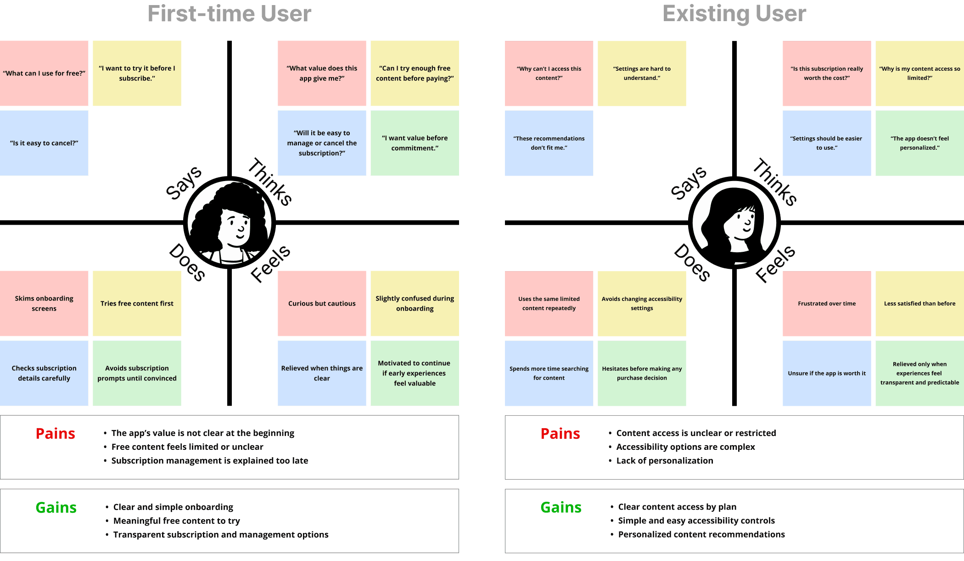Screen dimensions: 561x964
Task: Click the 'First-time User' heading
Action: coord(230,14)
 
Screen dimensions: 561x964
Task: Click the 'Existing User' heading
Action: coord(734,14)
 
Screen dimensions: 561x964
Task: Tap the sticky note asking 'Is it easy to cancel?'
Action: coord(44,143)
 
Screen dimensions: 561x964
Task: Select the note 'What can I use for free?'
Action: coord(44,73)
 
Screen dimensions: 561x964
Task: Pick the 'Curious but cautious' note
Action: coord(322,303)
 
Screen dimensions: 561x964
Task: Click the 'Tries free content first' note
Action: coord(137,303)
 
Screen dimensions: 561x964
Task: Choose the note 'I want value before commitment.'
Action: coord(415,143)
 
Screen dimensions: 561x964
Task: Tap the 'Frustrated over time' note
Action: coord(827,303)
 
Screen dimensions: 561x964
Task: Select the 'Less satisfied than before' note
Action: coord(919,303)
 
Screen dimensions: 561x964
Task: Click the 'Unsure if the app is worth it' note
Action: coord(827,373)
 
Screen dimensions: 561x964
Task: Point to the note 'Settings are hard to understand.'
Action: coord(642,73)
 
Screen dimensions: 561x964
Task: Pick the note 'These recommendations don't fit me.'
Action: coord(549,143)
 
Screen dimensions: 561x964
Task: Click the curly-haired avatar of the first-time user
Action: coord(230,223)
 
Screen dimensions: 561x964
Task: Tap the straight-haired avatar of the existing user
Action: coord(734,223)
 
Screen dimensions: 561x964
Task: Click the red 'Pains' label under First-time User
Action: coord(56,434)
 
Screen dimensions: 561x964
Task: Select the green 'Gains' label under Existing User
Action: coord(561,507)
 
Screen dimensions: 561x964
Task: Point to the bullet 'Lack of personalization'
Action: coord(664,461)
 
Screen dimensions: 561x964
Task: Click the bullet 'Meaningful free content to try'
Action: coord(176,521)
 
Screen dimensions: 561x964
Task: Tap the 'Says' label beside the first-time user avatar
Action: coord(184,183)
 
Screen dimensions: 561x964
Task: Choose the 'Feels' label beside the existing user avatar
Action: coord(775,264)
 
